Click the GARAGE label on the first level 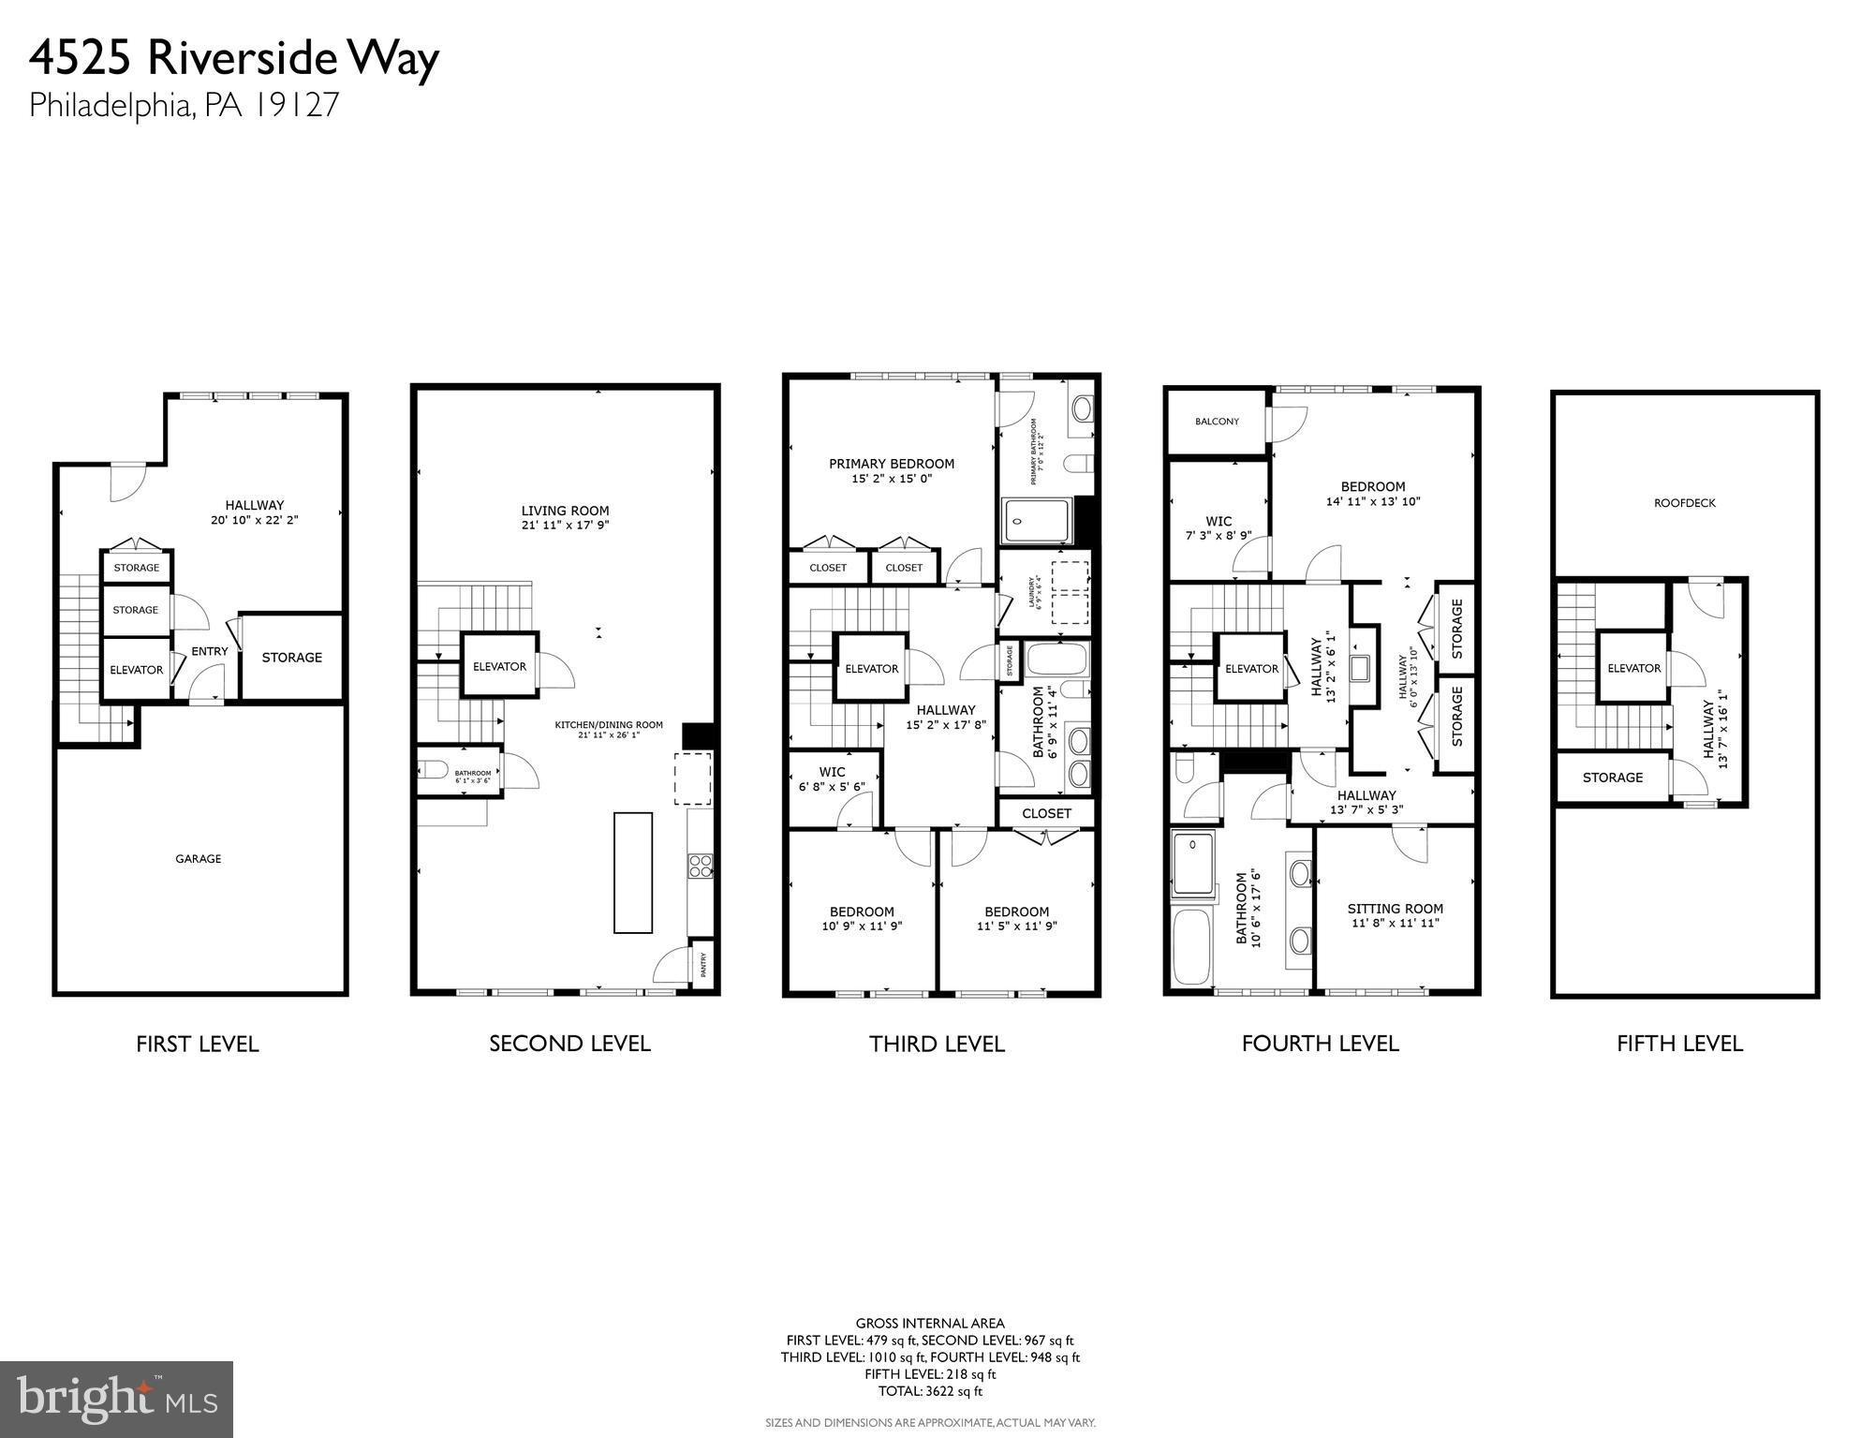point(199,858)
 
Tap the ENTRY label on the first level point(210,651)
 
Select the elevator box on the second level point(499,666)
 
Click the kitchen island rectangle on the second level point(633,872)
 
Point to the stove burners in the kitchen point(700,866)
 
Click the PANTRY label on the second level point(704,965)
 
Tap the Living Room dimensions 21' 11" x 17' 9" point(565,526)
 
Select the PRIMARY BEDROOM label point(892,464)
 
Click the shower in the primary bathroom point(1037,522)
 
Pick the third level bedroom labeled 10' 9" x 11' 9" point(862,919)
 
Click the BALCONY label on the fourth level point(1217,422)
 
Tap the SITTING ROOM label point(1395,909)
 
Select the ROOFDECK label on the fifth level point(1685,503)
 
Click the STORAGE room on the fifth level point(1612,778)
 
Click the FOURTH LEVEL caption point(1320,1044)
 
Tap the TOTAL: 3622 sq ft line point(930,1391)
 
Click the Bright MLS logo point(116,1400)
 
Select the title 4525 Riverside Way point(234,58)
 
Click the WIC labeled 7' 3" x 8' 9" point(1219,528)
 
